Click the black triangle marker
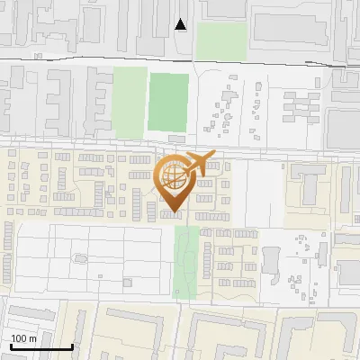point(181,24)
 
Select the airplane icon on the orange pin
point(200,164)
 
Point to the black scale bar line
point(40,346)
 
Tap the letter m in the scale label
point(33,338)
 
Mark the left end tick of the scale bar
point(10,345)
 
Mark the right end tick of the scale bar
point(72,345)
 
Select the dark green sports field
point(168,101)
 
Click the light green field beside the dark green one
point(130,102)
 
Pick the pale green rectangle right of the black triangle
point(221,41)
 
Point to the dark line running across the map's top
point(180,59)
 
